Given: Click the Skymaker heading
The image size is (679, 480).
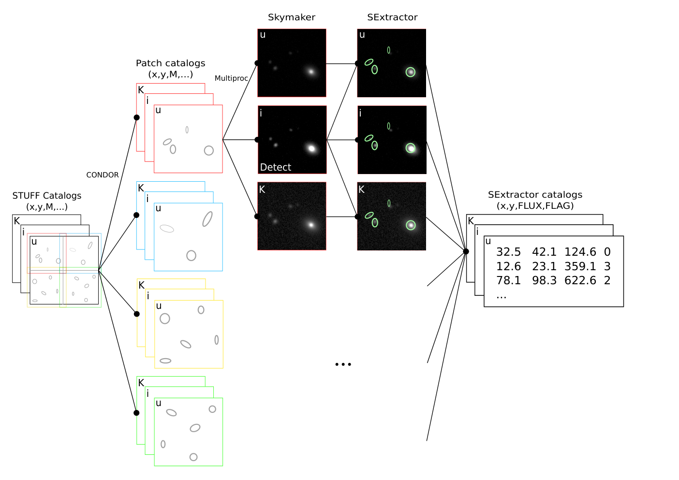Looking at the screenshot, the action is coord(291,17).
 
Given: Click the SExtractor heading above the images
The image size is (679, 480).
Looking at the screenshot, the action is coord(392,17).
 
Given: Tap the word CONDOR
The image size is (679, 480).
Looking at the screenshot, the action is coord(103,175).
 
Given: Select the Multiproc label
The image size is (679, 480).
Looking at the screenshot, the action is coord(231,78).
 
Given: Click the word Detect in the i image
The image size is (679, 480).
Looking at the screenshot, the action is coord(276,167).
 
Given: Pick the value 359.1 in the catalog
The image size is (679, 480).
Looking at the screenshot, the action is coord(580,266).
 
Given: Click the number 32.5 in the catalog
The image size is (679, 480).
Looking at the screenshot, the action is coord(508,252).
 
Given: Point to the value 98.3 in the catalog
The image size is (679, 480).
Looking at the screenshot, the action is coord(544,281).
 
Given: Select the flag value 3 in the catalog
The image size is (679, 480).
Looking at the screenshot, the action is coord(607,266).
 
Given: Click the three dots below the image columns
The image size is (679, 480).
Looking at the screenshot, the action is coord(343,364).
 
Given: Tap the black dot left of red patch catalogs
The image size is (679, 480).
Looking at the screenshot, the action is coord(137,117).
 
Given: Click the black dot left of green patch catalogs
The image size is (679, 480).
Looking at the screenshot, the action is coord(136,413).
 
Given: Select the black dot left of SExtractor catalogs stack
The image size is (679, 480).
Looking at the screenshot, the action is coord(466,251).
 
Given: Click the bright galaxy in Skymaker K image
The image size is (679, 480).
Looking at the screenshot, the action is coord(311,225).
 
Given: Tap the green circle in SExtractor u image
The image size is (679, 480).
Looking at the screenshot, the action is coord(411,72).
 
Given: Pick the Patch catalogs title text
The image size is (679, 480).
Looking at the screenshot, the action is coord(170,63).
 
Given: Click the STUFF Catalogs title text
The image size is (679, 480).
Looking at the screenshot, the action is coord(47,195).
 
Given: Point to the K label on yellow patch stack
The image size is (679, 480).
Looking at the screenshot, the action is coord(142,285).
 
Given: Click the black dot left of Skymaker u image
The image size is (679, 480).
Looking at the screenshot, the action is coord(257,63).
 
